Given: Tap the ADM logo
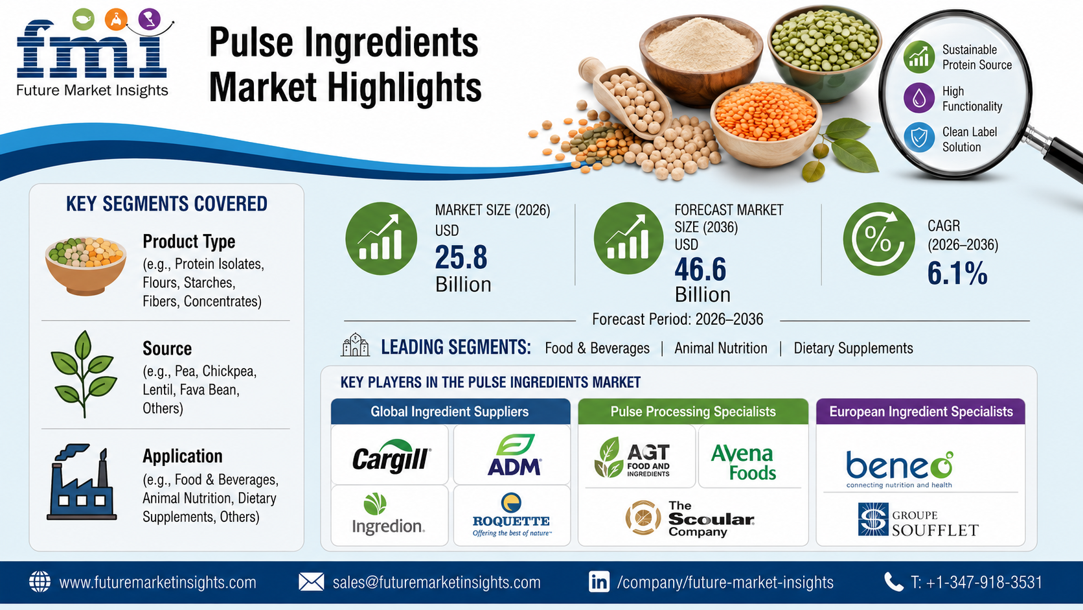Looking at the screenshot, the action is pyautogui.click(x=514, y=454).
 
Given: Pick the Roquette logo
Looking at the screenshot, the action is pyautogui.click(x=511, y=515).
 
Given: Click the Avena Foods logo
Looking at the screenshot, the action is pyautogui.click(x=743, y=462).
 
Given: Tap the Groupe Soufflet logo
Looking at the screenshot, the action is pyautogui.click(x=918, y=520).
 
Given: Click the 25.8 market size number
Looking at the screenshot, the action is pyautogui.click(x=461, y=257).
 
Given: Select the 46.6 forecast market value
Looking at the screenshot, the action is pyautogui.click(x=700, y=270).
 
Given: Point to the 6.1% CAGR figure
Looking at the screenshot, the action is pyautogui.click(x=957, y=274).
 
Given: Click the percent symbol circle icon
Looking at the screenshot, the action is pyautogui.click(x=878, y=239).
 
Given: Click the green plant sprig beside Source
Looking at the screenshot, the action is pyautogui.click(x=84, y=374).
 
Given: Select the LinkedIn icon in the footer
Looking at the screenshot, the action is pyautogui.click(x=599, y=582).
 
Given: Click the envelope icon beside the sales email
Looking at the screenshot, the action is pyautogui.click(x=311, y=582).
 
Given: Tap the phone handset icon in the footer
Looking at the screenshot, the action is pyautogui.click(x=893, y=582).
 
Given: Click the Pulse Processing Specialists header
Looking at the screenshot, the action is pyautogui.click(x=693, y=412).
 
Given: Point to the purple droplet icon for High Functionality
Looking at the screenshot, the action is pyautogui.click(x=918, y=98).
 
